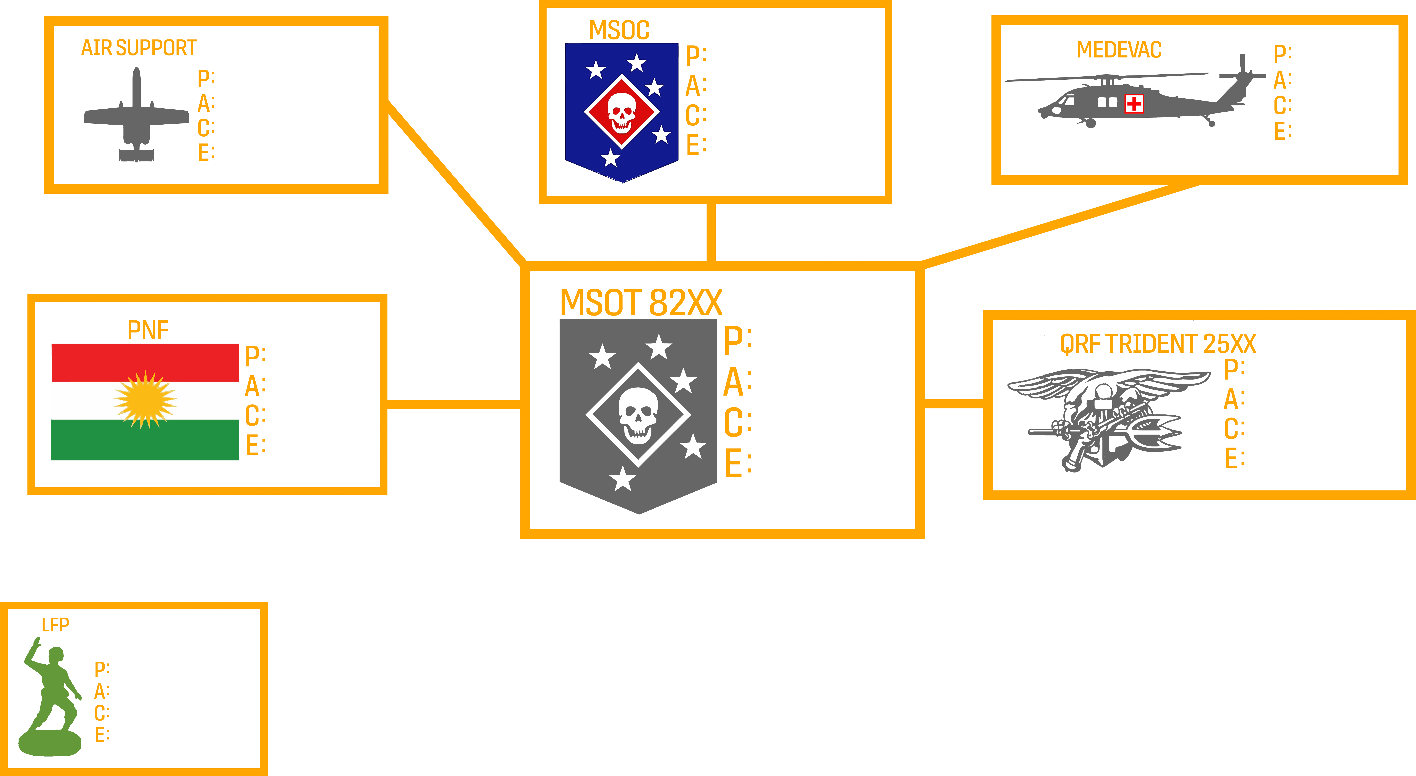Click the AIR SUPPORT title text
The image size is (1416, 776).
[x=138, y=48]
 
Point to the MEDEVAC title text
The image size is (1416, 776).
[x=1119, y=50]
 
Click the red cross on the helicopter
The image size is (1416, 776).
[x=1134, y=103]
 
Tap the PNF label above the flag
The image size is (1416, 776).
[x=148, y=330]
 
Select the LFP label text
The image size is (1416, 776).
[x=55, y=624]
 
